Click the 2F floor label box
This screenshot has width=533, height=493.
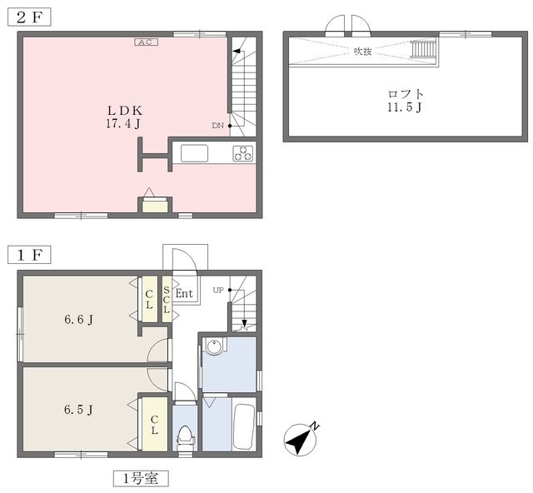pyautogui.click(x=29, y=17)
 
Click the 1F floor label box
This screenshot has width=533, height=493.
pyautogui.click(x=29, y=255)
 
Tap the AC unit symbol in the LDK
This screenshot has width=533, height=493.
pyautogui.click(x=147, y=42)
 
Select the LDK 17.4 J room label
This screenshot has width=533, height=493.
pyautogui.click(x=124, y=117)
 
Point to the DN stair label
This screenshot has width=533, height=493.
pyautogui.click(x=218, y=126)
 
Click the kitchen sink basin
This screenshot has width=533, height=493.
pyautogui.click(x=194, y=153)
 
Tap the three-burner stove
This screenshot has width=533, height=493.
pyautogui.click(x=243, y=153)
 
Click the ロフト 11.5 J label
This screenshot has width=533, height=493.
pyautogui.click(x=406, y=101)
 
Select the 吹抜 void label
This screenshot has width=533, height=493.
pyautogui.click(x=363, y=52)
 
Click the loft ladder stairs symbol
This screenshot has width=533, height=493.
pyautogui.click(x=424, y=49)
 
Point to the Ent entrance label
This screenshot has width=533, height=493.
pyautogui.click(x=184, y=293)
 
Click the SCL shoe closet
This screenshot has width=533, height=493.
pyautogui.click(x=167, y=299)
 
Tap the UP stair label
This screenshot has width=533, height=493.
pyautogui.click(x=218, y=290)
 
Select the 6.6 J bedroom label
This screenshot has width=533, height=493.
pyautogui.click(x=79, y=320)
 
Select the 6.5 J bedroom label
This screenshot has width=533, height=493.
pyautogui.click(x=78, y=410)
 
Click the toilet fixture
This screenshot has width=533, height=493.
pyautogui.click(x=185, y=436)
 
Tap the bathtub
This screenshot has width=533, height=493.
pyautogui.click(x=244, y=427)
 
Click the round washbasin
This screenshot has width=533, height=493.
pyautogui.click(x=213, y=346)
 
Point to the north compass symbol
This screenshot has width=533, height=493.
pyautogui.click(x=301, y=439)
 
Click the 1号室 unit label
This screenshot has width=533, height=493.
pyautogui.click(x=141, y=479)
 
